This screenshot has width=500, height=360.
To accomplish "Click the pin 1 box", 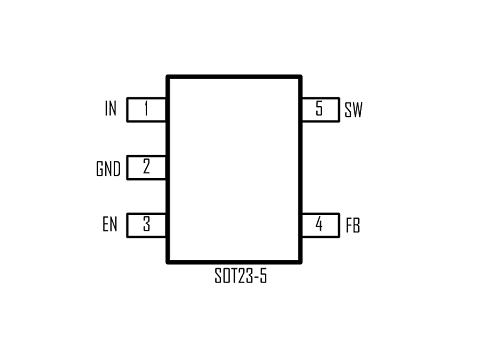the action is (x=147, y=109).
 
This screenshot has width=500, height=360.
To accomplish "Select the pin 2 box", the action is (x=147, y=167).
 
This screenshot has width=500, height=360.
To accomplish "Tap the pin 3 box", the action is (x=147, y=225).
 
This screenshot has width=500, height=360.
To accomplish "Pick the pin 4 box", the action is (x=320, y=225).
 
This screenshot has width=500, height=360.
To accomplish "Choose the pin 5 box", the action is (x=320, y=109).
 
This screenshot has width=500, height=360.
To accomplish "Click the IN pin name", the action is (x=110, y=109).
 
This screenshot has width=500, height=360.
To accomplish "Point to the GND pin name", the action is (x=108, y=168).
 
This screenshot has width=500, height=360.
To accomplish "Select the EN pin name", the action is (x=109, y=225).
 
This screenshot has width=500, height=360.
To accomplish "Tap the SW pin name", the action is (x=353, y=110).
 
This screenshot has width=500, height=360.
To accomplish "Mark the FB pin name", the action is (x=353, y=225).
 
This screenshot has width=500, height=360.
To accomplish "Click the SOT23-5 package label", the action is (x=241, y=276).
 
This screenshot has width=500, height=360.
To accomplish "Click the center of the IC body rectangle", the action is (x=234, y=167).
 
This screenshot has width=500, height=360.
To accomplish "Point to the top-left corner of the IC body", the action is (x=167, y=76).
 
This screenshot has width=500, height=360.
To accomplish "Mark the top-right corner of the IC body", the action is (x=301, y=76).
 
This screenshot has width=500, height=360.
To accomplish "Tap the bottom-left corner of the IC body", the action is (x=167, y=258).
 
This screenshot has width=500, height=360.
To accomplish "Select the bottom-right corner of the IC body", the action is (x=301, y=258).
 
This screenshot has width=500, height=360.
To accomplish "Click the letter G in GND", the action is (x=100, y=168).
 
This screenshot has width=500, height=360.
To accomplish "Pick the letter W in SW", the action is (x=357, y=110).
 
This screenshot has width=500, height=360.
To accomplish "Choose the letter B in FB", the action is (x=357, y=225).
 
